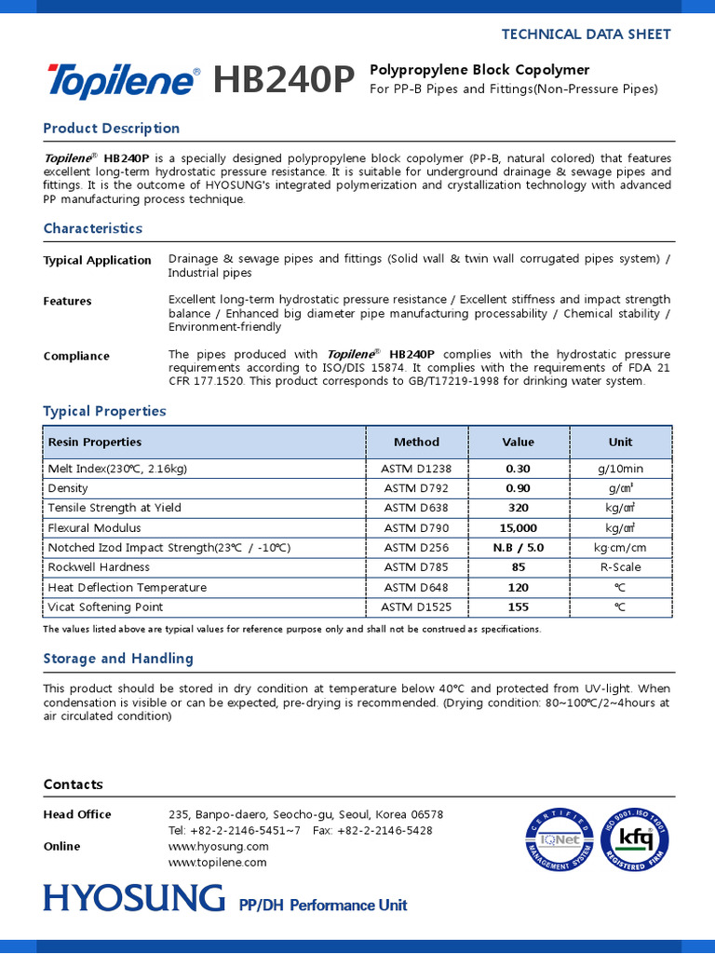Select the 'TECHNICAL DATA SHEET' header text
(586, 34)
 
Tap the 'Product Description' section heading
(112, 128)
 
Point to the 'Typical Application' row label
(97, 260)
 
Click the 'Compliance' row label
(76, 356)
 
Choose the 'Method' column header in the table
(416, 442)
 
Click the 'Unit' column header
(620, 442)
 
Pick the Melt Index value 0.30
(518, 469)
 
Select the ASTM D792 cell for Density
(416, 488)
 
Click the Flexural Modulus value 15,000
(518, 528)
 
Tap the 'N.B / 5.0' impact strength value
(518, 548)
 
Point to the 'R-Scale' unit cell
(620, 567)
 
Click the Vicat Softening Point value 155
(518, 607)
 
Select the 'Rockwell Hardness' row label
(99, 567)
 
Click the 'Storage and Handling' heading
(118, 658)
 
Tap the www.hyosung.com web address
(218, 846)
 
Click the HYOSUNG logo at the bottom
(134, 898)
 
